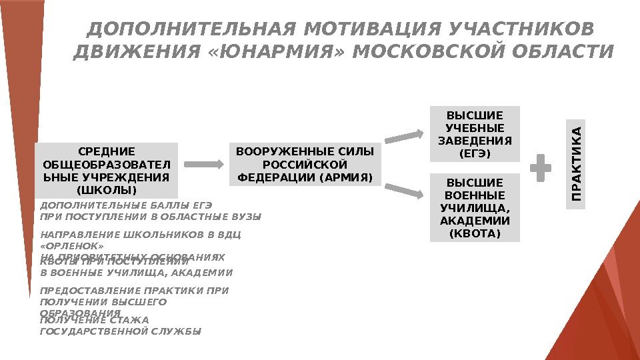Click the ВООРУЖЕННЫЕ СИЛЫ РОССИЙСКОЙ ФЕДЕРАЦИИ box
306,164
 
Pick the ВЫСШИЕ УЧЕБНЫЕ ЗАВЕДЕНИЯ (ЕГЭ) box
474,133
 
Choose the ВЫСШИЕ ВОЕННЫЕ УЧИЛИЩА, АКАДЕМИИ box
474,207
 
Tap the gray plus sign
540,167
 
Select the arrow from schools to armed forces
204,164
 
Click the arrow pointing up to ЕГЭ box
405,137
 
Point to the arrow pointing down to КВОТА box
405,190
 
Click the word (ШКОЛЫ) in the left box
107,191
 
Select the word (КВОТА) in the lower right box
474,234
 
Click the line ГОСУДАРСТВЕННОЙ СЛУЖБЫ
121,331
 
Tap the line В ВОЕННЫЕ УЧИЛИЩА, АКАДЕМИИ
137,273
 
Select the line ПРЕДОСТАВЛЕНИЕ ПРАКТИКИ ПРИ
135,291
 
